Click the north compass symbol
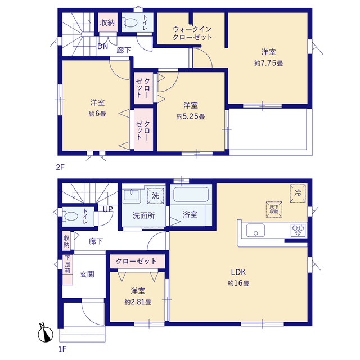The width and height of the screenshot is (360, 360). pyautogui.click(x=46, y=334)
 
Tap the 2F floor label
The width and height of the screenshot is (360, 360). pyautogui.click(x=60, y=167)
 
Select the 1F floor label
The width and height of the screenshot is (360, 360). pyautogui.click(x=62, y=349)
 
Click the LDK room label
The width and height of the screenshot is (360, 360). pyautogui.click(x=238, y=272)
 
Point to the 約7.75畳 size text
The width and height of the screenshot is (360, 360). pyautogui.click(x=268, y=63)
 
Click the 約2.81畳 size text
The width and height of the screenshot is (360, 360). pyautogui.click(x=138, y=302)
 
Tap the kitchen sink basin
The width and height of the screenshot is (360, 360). pyautogui.click(x=255, y=230)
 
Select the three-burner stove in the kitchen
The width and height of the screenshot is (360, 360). pyautogui.click(x=298, y=230)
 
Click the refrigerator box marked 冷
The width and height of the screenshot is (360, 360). pyautogui.click(x=298, y=193)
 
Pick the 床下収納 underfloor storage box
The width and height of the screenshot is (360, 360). pyautogui.click(x=274, y=209)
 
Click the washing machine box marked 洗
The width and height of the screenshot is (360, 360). pyautogui.click(x=155, y=196)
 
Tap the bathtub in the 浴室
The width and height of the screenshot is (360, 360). pyautogui.click(x=191, y=195)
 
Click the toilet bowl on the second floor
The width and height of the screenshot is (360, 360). pyautogui.click(x=130, y=22)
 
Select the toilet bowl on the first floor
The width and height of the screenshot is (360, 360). pyautogui.click(x=70, y=216)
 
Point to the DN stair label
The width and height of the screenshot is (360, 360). pyautogui.click(x=102, y=47)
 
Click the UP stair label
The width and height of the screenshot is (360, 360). pyautogui.click(x=107, y=209)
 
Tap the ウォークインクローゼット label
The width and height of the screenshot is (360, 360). pyautogui.click(x=192, y=33)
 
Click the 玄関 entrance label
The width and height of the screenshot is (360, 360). pyautogui.click(x=87, y=274)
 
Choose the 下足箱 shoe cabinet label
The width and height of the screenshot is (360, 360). pyautogui.click(x=67, y=264)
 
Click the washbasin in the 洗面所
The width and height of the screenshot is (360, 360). pyautogui.click(x=131, y=195)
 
